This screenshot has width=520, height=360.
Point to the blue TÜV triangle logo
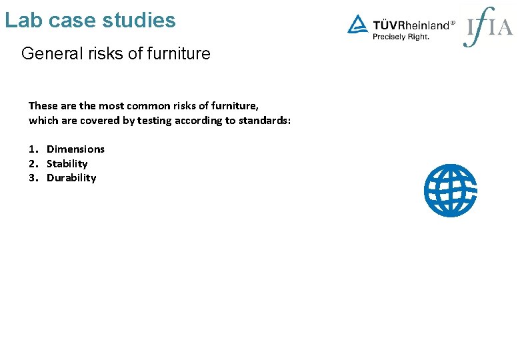tap(357, 25)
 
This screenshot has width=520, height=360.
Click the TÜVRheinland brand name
tap(411, 25)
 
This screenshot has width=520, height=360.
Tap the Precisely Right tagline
tap(401, 37)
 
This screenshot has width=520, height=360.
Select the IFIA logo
tap(488, 27)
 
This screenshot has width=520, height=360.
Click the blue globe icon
tap(451, 191)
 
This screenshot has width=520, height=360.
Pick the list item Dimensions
tap(75, 149)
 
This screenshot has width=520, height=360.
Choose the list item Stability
tap(67, 164)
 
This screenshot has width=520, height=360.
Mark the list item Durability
tap(71, 178)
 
